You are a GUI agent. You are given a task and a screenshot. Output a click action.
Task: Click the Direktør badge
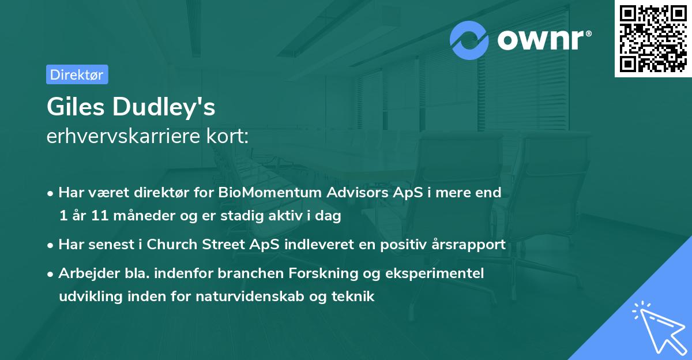coord(77,74)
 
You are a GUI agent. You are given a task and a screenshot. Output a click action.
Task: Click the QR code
coord(653,38)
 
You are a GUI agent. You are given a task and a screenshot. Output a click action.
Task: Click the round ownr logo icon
coord(469,40)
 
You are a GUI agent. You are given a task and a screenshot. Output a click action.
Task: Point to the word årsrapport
coord(472,244)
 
